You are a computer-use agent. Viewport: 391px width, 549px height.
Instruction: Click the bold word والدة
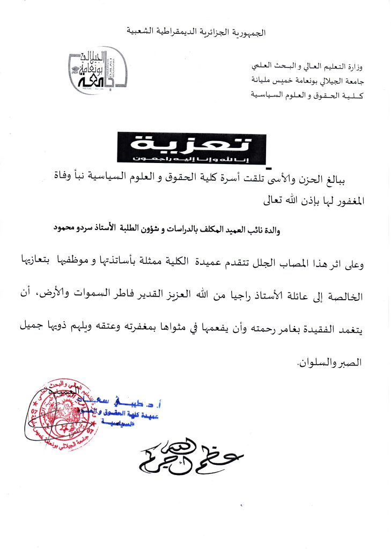pos(281,229)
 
